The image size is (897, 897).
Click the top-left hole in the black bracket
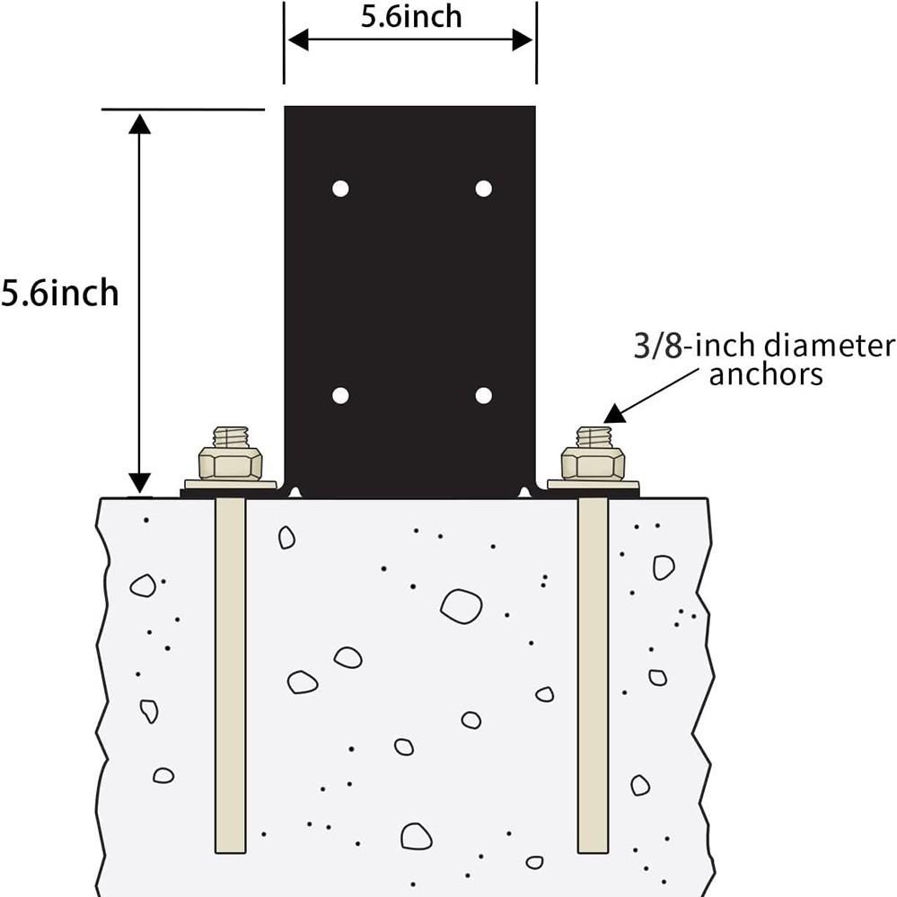click(x=340, y=189)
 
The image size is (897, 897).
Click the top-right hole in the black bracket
click(x=483, y=189)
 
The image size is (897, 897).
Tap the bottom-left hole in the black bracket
click(x=340, y=395)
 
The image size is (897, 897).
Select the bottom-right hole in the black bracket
click(x=483, y=395)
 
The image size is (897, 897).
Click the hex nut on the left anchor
click(x=230, y=463)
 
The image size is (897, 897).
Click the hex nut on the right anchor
click(x=593, y=463)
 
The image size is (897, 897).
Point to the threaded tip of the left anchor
click(x=231, y=437)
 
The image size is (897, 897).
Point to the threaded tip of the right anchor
click(x=594, y=437)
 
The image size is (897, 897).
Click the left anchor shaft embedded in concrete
click(x=231, y=675)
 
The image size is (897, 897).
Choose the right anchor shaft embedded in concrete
click(x=593, y=675)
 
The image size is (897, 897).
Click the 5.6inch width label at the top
click(x=411, y=16)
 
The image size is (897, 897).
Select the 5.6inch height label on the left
click(x=59, y=293)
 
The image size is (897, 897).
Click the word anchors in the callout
click(x=766, y=374)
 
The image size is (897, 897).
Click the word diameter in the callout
click(x=829, y=346)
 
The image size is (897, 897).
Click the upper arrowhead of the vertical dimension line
click(x=139, y=124)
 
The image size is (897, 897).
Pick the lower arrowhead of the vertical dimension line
click(x=139, y=482)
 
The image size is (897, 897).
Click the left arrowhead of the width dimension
click(x=298, y=40)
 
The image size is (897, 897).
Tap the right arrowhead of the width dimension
click(x=523, y=40)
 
